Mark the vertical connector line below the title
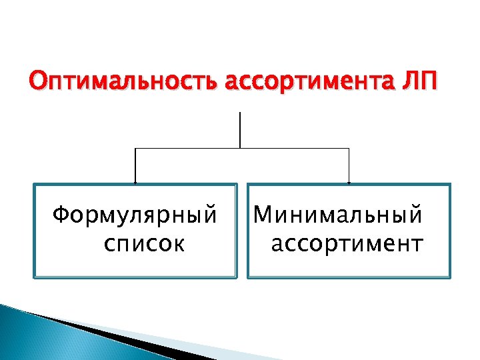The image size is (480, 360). (x=239, y=130)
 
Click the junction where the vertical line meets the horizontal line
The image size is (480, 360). (x=239, y=147)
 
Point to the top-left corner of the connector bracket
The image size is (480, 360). (x=135, y=147)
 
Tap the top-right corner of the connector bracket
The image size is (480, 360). (x=349, y=147)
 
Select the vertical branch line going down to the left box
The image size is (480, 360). (x=135, y=165)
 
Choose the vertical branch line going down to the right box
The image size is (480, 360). (x=349, y=165)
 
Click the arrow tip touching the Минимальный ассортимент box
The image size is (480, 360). (x=349, y=182)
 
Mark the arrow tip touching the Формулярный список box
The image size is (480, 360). (x=135, y=182)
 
